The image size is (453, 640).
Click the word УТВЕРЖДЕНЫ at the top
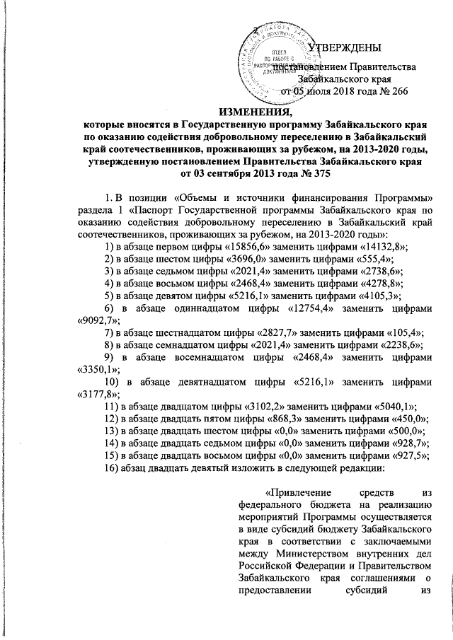pos(347,47)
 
